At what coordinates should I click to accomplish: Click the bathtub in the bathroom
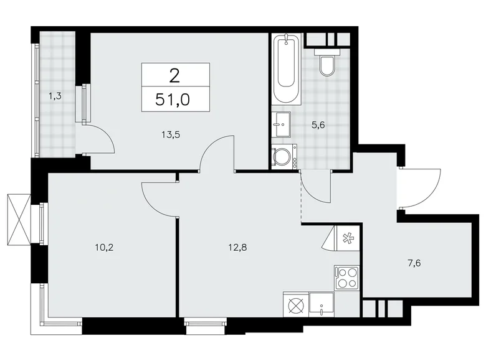[x=287, y=70]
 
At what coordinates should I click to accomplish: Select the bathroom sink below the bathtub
[x=281, y=124]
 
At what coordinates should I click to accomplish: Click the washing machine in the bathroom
[x=284, y=156]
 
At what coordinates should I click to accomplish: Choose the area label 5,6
[x=319, y=124]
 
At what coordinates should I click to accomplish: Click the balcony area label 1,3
[x=55, y=96]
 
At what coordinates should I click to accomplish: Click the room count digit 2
[x=175, y=76]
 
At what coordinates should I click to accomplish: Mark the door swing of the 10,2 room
[x=159, y=198]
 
